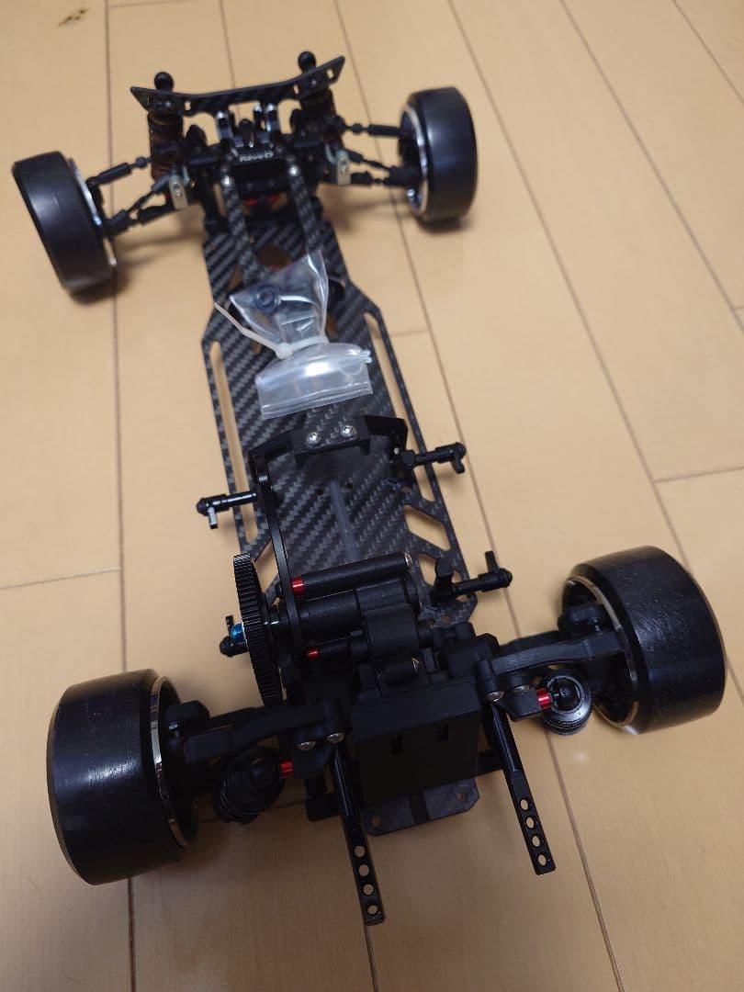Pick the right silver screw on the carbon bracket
[x=348, y=430]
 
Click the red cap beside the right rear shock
[x=544, y=700]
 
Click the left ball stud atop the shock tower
[x=162, y=79]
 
